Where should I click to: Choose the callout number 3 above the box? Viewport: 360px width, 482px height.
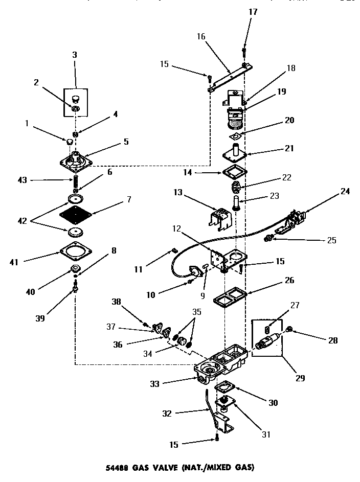point(75,55)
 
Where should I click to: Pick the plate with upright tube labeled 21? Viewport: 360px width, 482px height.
point(236,153)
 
